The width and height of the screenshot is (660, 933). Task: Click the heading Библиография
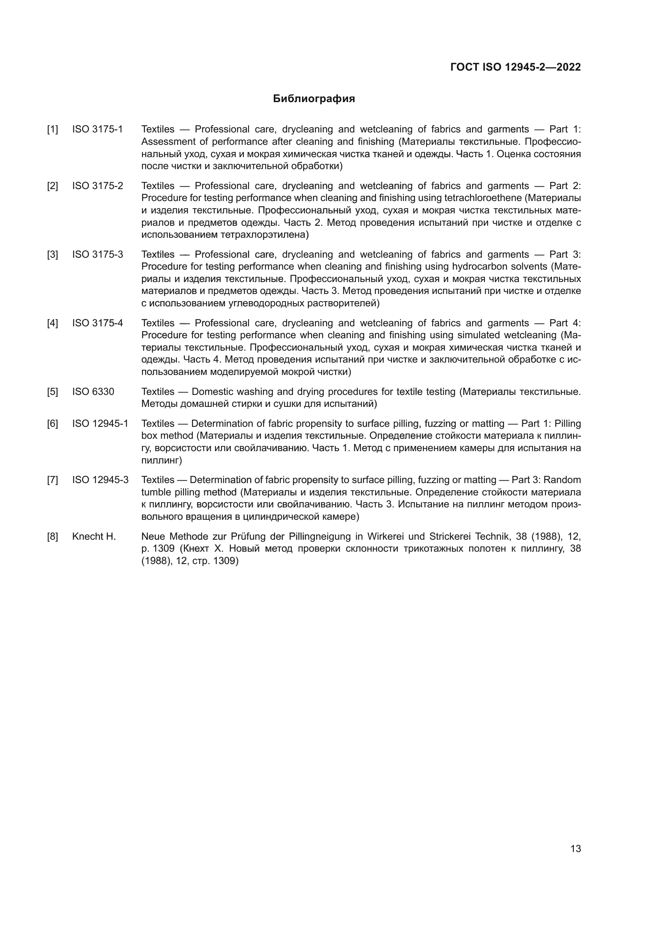314,99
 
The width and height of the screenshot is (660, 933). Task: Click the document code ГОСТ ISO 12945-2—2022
515,67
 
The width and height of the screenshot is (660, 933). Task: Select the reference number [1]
52,130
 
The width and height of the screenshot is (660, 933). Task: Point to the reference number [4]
52,323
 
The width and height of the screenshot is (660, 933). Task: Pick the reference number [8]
52,537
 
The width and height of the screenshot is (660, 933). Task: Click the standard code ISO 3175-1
97,130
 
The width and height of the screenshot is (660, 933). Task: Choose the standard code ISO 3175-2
97,186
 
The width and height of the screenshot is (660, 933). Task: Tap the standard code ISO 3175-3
97,255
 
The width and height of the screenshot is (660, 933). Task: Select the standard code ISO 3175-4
97,323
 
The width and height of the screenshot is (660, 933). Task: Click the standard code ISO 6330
93,392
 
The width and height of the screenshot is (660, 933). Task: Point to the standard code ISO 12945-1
100,424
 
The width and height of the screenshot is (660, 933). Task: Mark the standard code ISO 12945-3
100,480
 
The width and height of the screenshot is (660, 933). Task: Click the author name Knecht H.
94,537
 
